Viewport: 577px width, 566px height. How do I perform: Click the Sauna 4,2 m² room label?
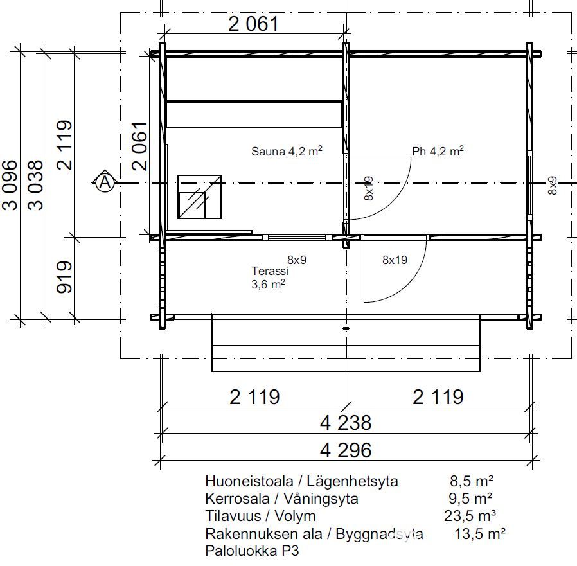pyautogui.click(x=287, y=151)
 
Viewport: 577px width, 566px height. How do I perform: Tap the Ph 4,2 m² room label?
pyautogui.click(x=438, y=151)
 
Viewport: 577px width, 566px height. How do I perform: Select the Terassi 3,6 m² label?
pyautogui.click(x=269, y=278)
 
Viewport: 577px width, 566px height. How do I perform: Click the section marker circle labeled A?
pyautogui.click(x=105, y=182)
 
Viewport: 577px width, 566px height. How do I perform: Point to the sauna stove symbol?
pyautogui.click(x=199, y=197)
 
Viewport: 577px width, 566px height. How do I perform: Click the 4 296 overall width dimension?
pyautogui.click(x=346, y=450)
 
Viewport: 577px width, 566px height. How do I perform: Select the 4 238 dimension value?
pyautogui.click(x=346, y=423)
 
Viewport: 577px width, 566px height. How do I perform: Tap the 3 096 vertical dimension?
pyautogui.click(x=10, y=185)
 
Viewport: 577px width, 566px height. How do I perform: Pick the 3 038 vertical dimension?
pyautogui.click(x=36, y=185)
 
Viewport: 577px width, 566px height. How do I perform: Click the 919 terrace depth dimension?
pyautogui.click(x=64, y=277)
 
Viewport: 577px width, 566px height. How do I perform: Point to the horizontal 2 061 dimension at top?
pyautogui.click(x=254, y=24)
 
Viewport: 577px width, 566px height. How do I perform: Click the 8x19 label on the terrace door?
pyautogui.click(x=395, y=260)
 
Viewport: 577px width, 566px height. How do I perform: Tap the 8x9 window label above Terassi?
pyautogui.click(x=297, y=260)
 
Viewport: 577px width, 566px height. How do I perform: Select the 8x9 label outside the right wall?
pyautogui.click(x=553, y=186)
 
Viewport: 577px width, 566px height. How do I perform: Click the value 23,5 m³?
pyautogui.click(x=470, y=516)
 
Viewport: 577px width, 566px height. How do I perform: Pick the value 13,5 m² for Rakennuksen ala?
pyautogui.click(x=480, y=533)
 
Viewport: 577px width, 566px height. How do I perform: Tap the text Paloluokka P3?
pyautogui.click(x=252, y=551)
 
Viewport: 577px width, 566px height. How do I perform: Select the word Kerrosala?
pyautogui.click(x=237, y=499)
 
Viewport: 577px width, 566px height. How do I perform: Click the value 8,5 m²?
pyautogui.click(x=472, y=481)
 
